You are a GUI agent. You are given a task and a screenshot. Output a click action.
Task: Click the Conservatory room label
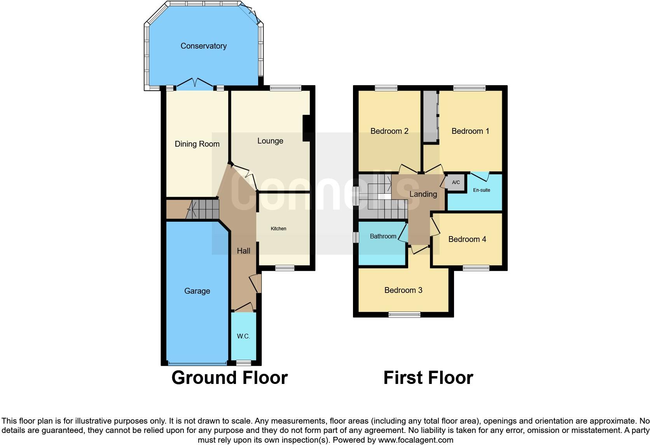[x=203, y=46]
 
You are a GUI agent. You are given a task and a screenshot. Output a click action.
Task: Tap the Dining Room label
[x=197, y=144]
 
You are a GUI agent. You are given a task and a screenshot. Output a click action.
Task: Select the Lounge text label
[x=270, y=141]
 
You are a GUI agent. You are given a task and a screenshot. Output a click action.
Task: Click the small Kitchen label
[x=278, y=229]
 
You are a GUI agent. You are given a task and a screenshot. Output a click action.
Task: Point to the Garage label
[x=197, y=291]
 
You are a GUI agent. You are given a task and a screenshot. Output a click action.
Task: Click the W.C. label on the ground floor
[x=243, y=336]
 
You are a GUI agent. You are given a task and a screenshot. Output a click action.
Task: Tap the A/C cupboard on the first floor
[x=456, y=182]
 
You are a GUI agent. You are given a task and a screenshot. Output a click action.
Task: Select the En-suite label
[x=481, y=190]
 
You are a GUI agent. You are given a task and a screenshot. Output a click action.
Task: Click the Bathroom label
[x=383, y=236]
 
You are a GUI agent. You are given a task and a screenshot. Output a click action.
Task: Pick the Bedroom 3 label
[x=403, y=290]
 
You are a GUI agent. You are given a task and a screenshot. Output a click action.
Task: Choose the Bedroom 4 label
[x=467, y=239]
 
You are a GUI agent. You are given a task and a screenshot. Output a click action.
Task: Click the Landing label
[x=423, y=194]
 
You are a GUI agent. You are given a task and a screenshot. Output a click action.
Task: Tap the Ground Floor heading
[x=229, y=378]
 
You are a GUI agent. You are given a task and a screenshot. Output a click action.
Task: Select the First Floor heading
[x=428, y=378]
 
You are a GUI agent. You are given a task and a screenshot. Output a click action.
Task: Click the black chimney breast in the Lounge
[x=306, y=128]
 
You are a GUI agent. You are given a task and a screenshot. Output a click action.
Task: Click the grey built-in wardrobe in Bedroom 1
[x=430, y=117]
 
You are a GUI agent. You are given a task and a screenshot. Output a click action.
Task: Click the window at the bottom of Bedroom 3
[x=404, y=315]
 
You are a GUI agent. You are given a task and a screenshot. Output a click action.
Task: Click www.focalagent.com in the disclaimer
[x=415, y=440]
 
